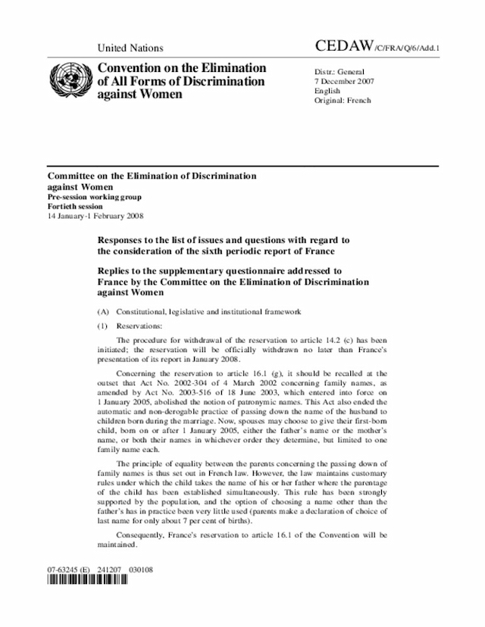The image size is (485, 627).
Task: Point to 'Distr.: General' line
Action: click(339, 73)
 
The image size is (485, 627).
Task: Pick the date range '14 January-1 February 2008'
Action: click(95, 216)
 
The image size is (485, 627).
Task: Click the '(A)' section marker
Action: click(102, 311)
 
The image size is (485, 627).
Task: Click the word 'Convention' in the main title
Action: click(132, 68)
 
